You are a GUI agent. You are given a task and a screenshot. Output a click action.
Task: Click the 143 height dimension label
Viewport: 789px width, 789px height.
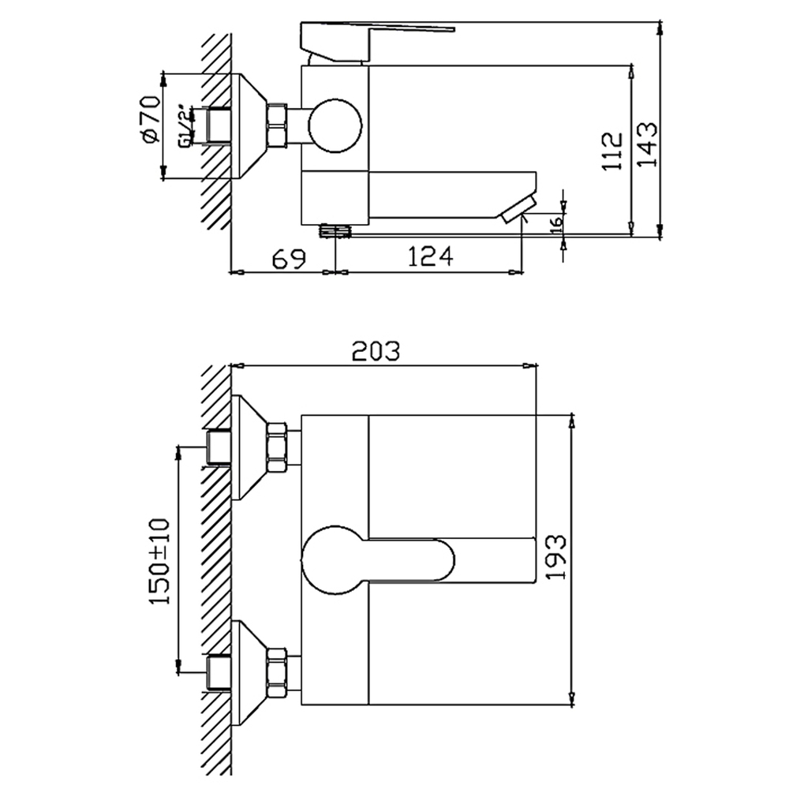[647, 143]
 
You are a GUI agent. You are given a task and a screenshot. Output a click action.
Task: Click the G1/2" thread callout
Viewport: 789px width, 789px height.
[184, 126]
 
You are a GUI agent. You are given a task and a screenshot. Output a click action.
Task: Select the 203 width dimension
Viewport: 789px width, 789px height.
[376, 351]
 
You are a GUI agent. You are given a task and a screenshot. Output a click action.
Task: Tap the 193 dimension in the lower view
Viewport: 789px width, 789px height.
[555, 557]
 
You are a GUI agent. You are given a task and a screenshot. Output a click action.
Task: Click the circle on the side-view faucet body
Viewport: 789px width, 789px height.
[335, 125]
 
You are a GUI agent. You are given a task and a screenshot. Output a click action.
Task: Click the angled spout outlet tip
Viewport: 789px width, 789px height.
[518, 209]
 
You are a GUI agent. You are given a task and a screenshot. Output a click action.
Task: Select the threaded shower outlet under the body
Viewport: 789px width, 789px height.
[335, 231]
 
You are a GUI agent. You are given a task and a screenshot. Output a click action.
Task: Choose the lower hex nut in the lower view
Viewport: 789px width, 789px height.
[278, 672]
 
